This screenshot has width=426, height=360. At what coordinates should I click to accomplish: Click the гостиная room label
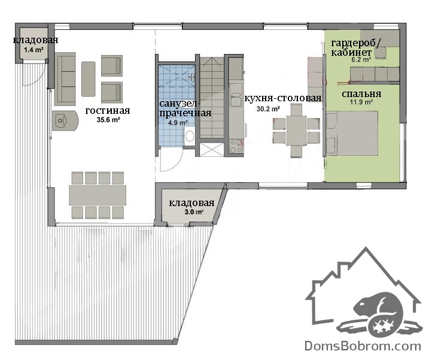click(x=108, y=111)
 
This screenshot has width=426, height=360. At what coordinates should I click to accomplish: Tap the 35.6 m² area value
click(x=108, y=120)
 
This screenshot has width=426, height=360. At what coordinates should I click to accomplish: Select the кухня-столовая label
click(x=283, y=98)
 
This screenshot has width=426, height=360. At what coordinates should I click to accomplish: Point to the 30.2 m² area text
click(x=269, y=109)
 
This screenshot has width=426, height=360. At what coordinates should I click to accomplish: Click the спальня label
click(x=361, y=94)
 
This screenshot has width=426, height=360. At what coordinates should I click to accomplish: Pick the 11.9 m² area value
click(x=361, y=102)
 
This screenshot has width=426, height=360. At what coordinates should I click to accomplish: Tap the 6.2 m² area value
click(x=361, y=59)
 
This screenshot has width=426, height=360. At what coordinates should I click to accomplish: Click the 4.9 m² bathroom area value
click(x=178, y=123)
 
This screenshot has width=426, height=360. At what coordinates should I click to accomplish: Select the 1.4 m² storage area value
click(x=34, y=50)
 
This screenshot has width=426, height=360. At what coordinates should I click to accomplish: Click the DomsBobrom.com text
click(x=363, y=346)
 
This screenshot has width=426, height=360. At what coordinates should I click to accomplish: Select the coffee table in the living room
click(x=89, y=79)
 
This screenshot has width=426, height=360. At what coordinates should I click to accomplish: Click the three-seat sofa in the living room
click(x=65, y=79)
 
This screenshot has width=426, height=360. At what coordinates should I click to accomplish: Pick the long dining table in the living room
click(x=98, y=195)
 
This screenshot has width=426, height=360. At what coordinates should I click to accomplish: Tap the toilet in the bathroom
click(x=190, y=135)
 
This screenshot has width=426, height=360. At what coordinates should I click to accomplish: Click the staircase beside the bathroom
click(x=212, y=98)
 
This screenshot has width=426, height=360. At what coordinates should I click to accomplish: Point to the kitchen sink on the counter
click(x=236, y=99)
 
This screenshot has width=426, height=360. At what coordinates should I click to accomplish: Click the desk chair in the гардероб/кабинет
click(x=381, y=53)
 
